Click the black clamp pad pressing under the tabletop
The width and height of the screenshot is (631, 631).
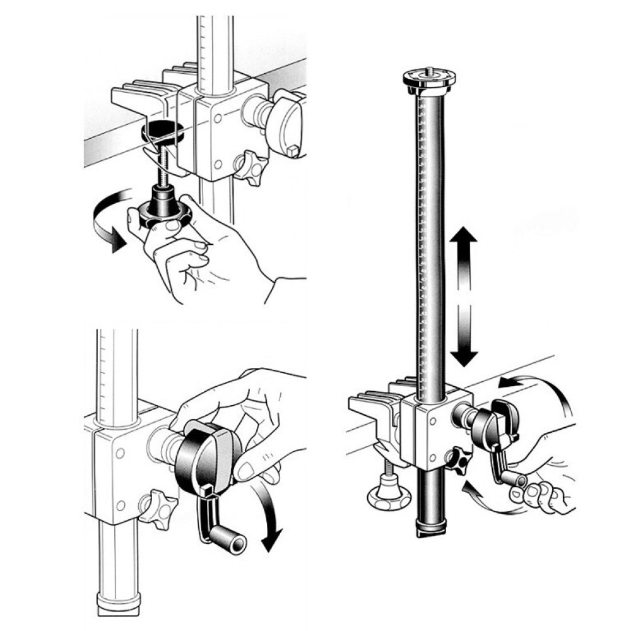pyautogui.click(x=163, y=131)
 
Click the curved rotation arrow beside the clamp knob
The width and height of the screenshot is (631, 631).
pyautogui.click(x=104, y=224)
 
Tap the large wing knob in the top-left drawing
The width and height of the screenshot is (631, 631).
pyautogui.click(x=285, y=123)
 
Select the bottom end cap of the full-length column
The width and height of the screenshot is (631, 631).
pyautogui.click(x=434, y=528)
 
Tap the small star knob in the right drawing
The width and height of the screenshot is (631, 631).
pyautogui.click(x=459, y=461)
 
